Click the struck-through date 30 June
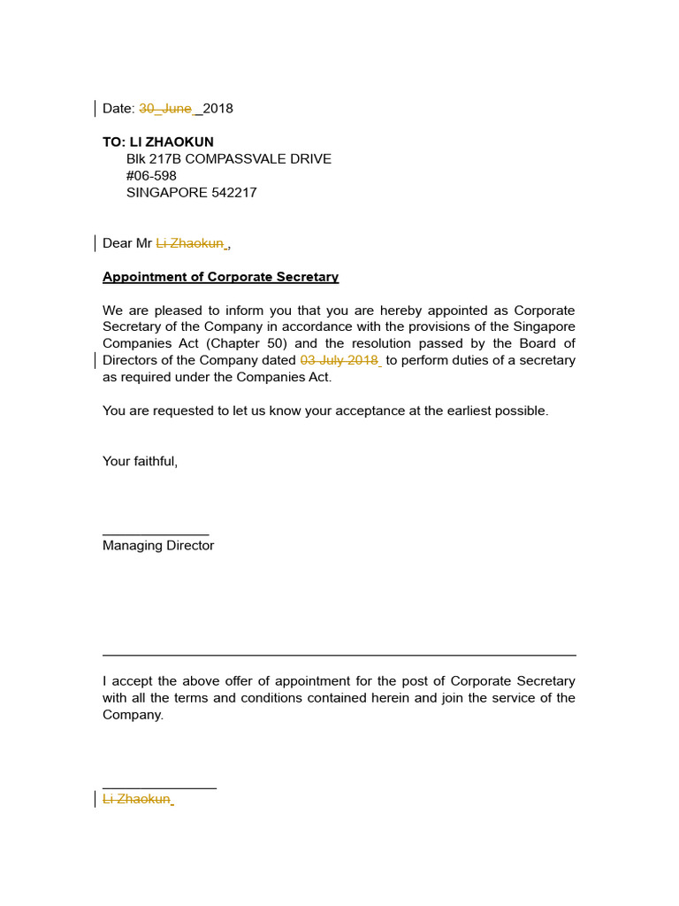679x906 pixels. [165, 109]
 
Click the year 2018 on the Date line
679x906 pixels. [218, 109]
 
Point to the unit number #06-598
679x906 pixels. [151, 176]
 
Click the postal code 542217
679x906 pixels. [234, 193]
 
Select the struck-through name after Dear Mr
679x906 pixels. [190, 243]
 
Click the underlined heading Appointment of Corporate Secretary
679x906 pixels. [220, 277]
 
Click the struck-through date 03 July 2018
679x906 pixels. [339, 361]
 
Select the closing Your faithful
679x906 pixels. [140, 462]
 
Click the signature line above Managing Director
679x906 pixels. [156, 534]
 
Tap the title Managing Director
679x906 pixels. [158, 546]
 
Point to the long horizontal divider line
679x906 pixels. [339, 656]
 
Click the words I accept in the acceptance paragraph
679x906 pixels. [127, 681]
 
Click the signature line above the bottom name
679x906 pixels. [159, 787]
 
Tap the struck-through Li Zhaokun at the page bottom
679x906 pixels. [136, 799]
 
